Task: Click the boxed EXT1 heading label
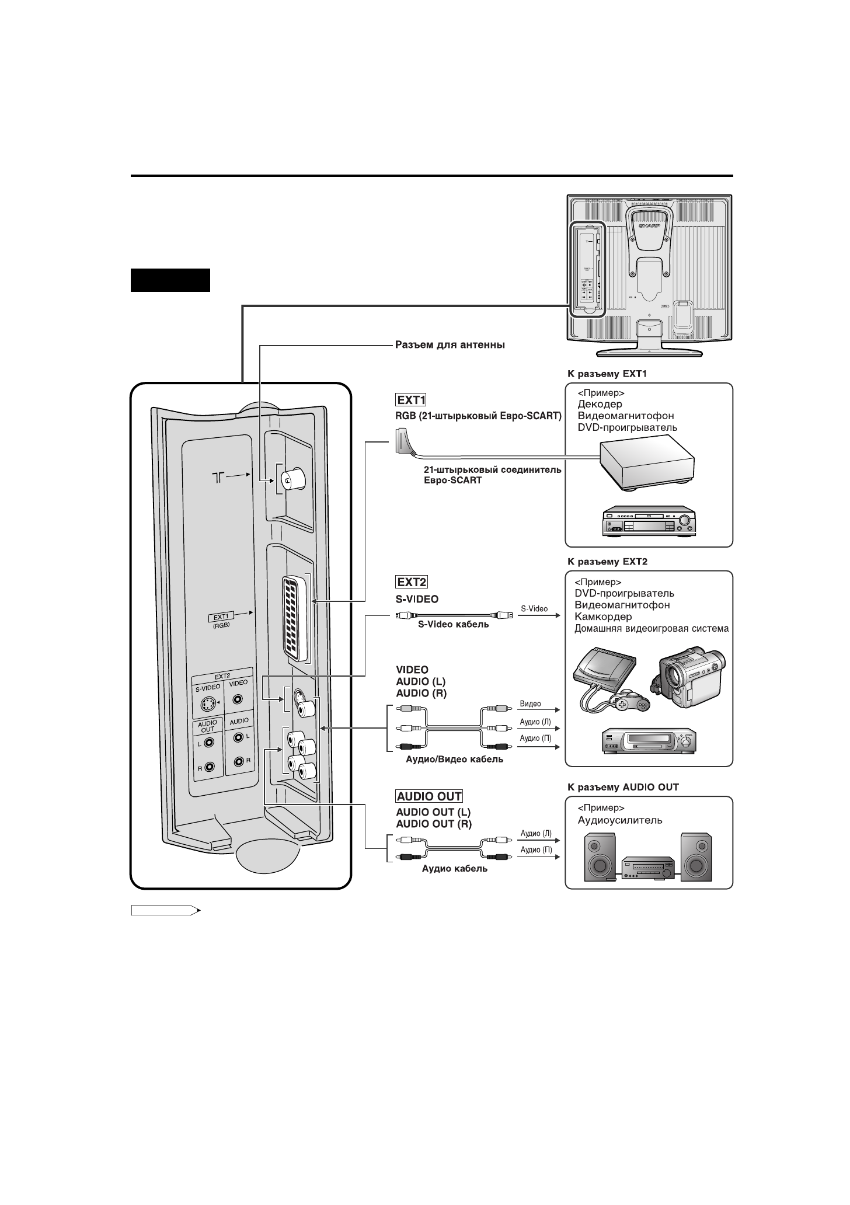coord(412,400)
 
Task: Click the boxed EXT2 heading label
coord(412,582)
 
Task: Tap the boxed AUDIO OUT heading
coord(429,796)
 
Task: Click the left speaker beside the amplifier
coord(601,857)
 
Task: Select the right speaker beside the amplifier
coord(696,857)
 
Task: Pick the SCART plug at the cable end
coord(403,441)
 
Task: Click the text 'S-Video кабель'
coord(454,625)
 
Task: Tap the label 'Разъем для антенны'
coord(450,345)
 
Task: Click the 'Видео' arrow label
coord(530,704)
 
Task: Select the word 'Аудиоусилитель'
coord(620,820)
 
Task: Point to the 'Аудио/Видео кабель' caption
coord(455,760)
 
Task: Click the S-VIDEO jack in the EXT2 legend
coord(207,705)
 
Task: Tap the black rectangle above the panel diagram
coord(170,280)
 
